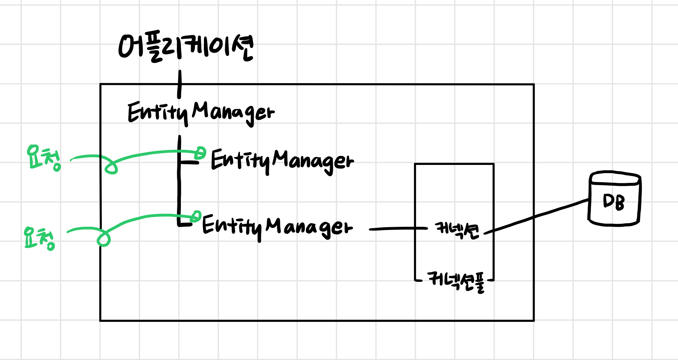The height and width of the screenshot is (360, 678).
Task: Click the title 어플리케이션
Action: coord(186,48)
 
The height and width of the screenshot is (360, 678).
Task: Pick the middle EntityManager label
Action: coord(282,161)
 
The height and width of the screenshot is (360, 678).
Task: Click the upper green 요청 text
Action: coord(44,158)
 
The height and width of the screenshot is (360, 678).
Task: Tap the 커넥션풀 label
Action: coord(456,282)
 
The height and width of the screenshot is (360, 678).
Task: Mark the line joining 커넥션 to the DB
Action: coord(537,215)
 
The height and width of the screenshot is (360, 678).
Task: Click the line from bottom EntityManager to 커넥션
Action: coord(398,228)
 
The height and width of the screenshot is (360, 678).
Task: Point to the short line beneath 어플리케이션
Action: coord(179,84)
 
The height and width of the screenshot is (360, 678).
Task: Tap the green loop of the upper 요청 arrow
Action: coord(111,168)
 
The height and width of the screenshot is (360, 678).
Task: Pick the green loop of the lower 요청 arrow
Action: coord(103,239)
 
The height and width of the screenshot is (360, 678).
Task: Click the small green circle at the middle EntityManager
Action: coord(200,153)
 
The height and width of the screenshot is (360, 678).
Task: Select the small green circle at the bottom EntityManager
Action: coord(196,216)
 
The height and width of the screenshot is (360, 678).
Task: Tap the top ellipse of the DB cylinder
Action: coord(615,178)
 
